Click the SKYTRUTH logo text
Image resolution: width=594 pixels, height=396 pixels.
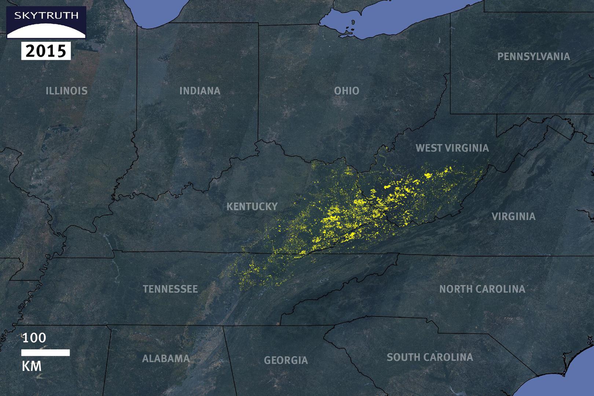(46, 16)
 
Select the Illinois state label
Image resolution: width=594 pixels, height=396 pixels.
(67, 91)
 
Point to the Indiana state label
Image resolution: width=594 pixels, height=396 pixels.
(200, 91)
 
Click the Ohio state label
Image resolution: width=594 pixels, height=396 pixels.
(346, 91)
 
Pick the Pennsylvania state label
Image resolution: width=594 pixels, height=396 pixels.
(533, 56)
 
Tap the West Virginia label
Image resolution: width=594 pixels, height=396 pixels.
(452, 148)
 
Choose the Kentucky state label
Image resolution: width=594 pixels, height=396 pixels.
(252, 206)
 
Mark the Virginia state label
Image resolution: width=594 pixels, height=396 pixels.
(513, 216)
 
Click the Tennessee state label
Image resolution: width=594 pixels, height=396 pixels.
(170, 289)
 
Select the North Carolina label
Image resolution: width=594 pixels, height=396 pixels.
(482, 289)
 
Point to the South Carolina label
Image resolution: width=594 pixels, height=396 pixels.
(430, 357)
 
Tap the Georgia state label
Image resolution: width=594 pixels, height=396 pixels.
(286, 360)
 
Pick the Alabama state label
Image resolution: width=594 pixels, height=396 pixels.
(166, 358)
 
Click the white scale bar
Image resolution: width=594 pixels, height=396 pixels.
(45, 353)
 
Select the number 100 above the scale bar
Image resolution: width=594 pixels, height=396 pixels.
(34, 338)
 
